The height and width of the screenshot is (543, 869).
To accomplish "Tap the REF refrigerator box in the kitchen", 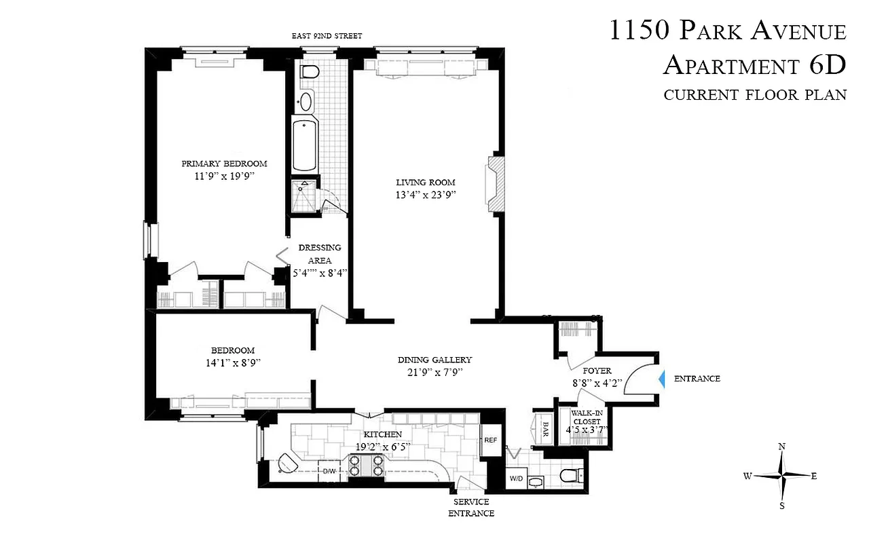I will pos(490,440).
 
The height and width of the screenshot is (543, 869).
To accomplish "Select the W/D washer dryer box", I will pos(516,479).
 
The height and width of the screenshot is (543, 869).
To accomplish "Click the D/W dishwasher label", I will pos(329,470).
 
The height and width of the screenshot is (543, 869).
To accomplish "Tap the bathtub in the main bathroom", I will pos(305,146).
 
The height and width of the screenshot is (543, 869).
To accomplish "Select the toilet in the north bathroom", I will pos(310,73).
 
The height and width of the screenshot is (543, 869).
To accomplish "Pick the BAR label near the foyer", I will pos(544,430).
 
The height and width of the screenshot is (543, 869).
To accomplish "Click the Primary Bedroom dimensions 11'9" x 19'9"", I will pos(223,176).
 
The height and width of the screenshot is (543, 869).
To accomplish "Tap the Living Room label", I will pos(426,182).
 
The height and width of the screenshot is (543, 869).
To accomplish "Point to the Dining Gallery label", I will pos(434,360).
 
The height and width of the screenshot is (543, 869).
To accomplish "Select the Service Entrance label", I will pos(471,507).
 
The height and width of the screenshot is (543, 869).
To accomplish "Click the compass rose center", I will pos(783,476).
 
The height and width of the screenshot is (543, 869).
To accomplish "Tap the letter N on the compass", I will pos(782,447).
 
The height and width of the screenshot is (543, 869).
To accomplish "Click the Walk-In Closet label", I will pos(588,417).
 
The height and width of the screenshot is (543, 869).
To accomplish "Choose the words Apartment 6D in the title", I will pos(754,65).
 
